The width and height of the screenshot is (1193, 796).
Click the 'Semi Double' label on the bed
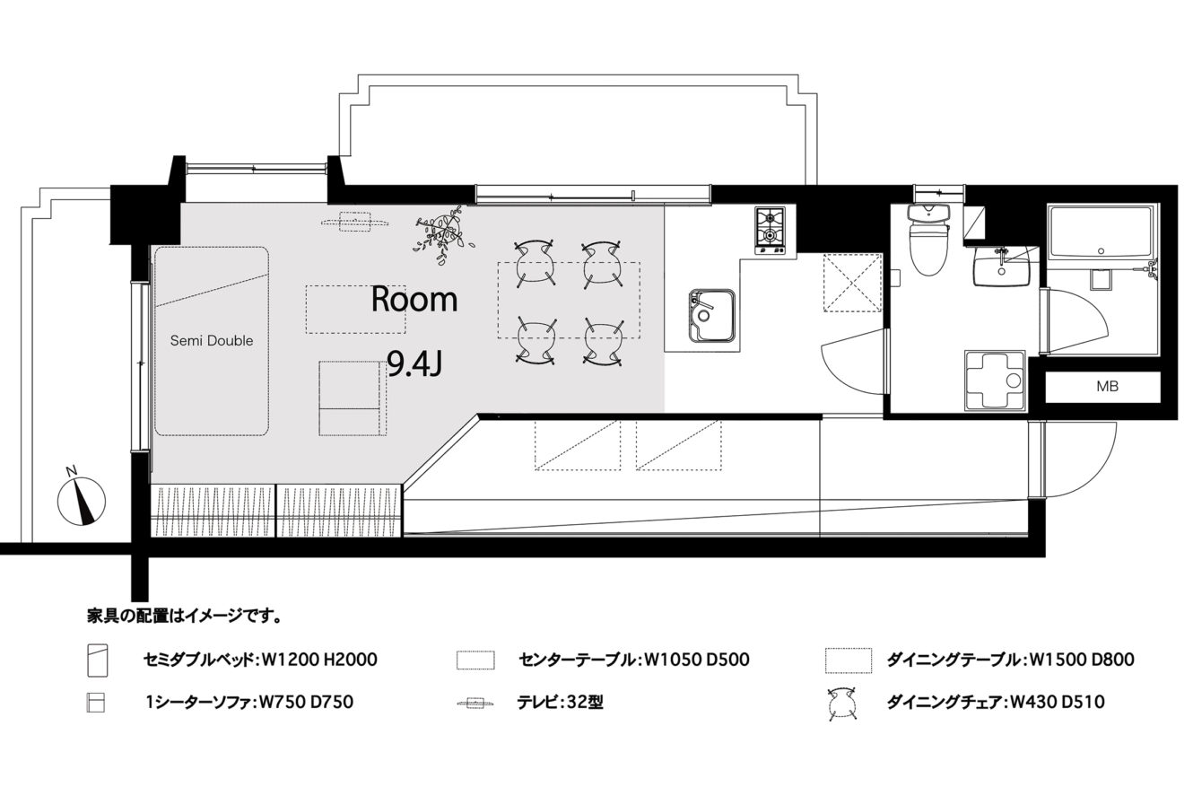click(212, 340)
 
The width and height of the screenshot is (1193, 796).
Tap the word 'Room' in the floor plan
click(414, 300)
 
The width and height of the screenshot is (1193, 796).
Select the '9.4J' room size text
click(414, 365)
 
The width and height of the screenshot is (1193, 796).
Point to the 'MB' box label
click(1107, 386)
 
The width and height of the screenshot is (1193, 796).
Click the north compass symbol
click(82, 500)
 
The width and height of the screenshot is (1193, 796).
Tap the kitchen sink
click(712, 315)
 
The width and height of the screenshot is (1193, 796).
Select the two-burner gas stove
click(771, 231)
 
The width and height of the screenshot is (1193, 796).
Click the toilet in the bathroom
click(929, 239)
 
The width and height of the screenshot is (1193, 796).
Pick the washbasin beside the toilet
click(1002, 266)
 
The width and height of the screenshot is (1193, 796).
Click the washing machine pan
click(995, 381)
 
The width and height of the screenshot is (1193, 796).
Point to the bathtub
click(1103, 232)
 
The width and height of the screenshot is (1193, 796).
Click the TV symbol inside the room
click(354, 222)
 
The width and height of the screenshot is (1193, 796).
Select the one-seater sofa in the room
click(353, 398)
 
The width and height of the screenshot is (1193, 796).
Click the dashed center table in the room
click(355, 310)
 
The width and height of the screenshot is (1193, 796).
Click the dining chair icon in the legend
click(841, 704)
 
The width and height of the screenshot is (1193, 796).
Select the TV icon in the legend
click(475, 704)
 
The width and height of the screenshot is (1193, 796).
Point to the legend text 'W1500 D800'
click(1082, 660)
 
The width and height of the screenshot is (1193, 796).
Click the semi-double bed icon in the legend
click(98, 660)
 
